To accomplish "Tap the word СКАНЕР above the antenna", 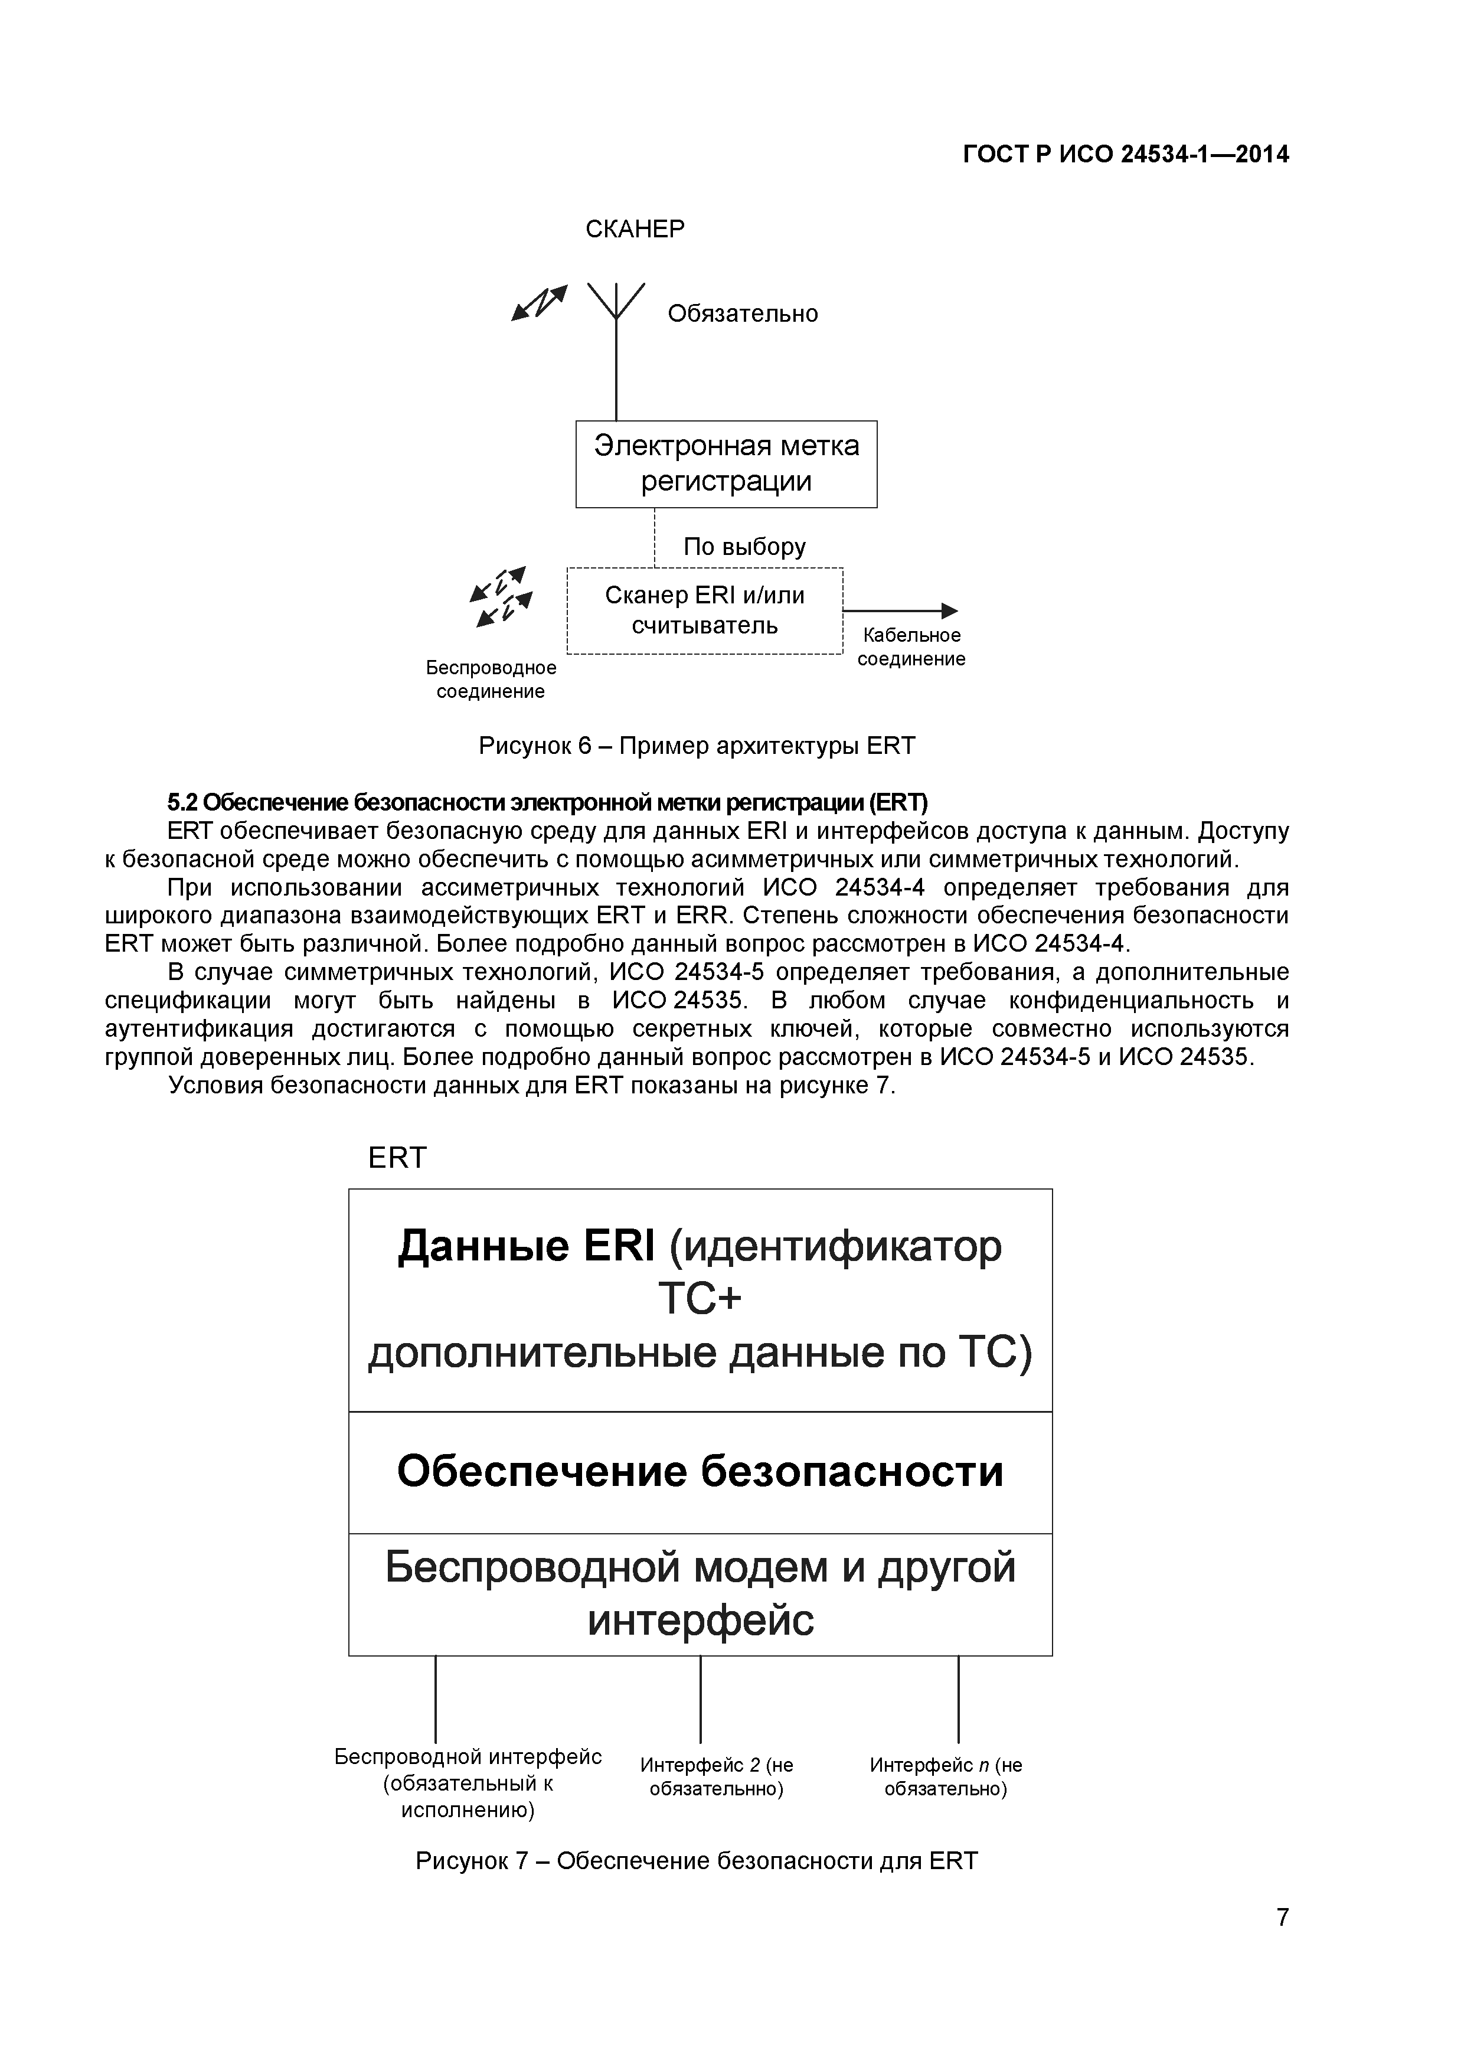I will pos(635,229).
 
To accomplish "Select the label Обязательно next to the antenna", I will pos(743,314).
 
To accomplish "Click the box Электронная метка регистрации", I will pos(726,463).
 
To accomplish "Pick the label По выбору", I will pos(744,547).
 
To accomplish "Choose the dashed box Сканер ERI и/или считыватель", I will pos(704,610).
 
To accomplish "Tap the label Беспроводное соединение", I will pos(491,679).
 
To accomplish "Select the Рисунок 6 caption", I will pos(697,746).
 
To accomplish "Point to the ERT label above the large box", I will pos(397,1157).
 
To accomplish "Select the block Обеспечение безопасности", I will pos(700,1471).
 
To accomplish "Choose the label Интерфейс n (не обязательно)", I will pos(945,1777).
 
